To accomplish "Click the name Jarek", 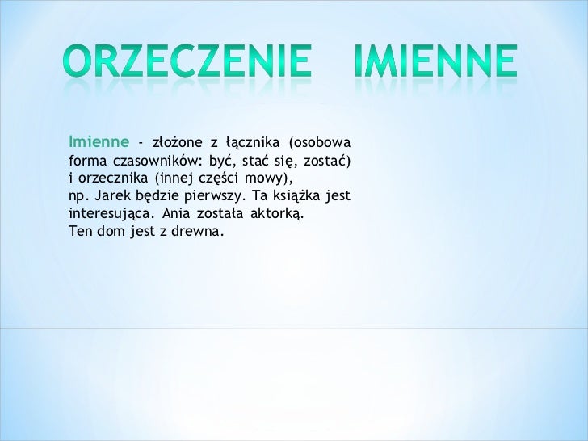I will [x=111, y=196].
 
